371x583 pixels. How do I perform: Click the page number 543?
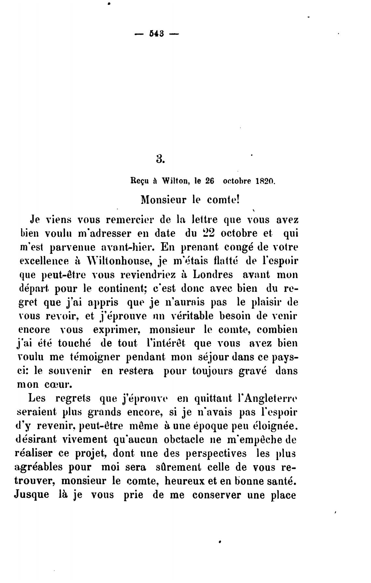click(157, 34)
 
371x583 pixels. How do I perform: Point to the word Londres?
click(213, 274)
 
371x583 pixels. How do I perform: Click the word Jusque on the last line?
click(32, 495)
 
